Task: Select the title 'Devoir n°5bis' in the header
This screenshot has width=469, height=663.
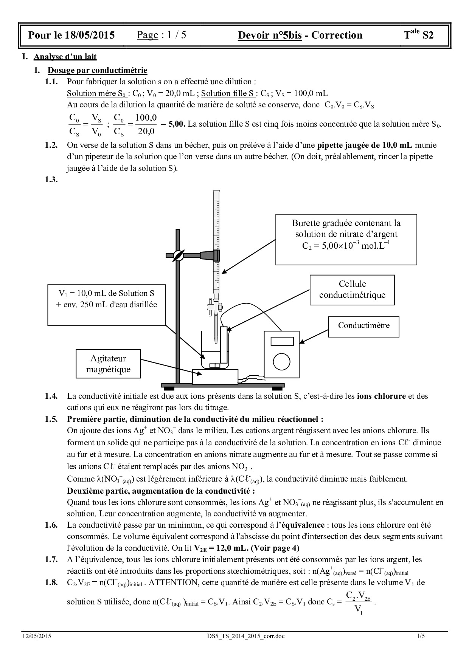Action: (x=270, y=36)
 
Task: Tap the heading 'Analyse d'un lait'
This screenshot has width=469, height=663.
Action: (x=65, y=57)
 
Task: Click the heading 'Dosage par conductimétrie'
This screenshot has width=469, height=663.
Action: (x=97, y=70)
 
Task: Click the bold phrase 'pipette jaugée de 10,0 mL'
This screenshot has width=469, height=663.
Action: (x=365, y=145)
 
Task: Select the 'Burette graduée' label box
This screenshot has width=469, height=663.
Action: (x=346, y=239)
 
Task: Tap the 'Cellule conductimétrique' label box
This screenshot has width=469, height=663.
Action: (x=352, y=290)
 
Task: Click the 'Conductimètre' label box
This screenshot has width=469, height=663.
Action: (x=363, y=326)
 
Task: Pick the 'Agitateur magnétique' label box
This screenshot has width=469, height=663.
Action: (x=108, y=364)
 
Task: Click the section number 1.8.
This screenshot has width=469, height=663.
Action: (x=51, y=582)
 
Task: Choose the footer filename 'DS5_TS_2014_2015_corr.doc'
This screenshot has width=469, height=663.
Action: (x=244, y=636)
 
